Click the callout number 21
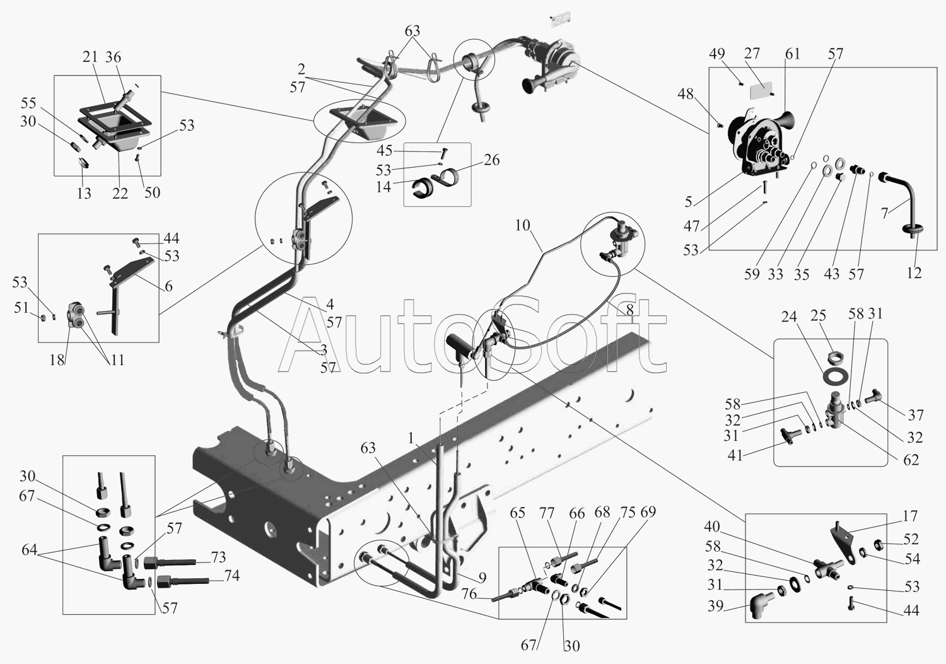[90, 57]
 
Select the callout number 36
[113, 57]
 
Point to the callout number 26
[491, 160]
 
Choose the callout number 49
[716, 54]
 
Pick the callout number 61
[792, 54]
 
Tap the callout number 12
[914, 272]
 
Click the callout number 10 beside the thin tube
[522, 225]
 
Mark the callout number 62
[911, 459]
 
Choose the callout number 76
[469, 594]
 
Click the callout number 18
[57, 360]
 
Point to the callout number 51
[21, 308]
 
